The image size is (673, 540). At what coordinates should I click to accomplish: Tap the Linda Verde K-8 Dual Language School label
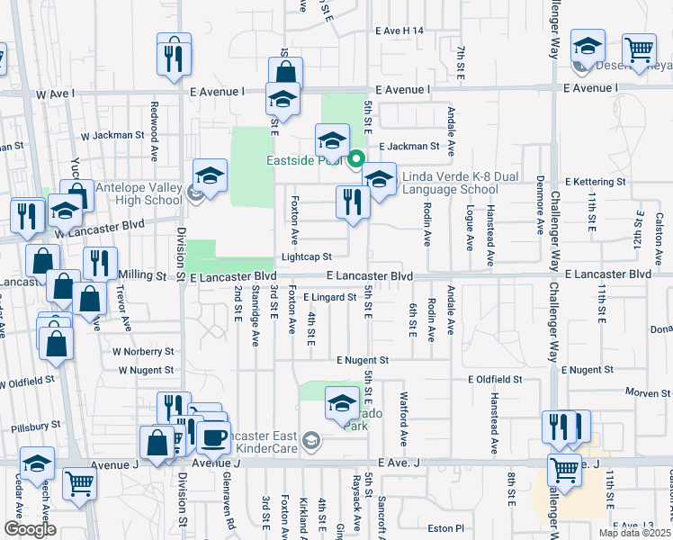coord(449,183)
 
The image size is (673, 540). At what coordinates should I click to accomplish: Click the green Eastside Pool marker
coord(355,161)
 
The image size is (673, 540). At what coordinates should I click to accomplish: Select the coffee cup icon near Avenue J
coord(213,437)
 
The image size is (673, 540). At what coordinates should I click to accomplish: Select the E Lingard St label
coord(329,297)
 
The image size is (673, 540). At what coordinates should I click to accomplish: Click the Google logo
coord(30,529)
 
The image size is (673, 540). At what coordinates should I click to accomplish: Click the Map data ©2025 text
coord(634,533)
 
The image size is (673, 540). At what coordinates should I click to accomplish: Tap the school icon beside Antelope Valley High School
coord(210,178)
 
